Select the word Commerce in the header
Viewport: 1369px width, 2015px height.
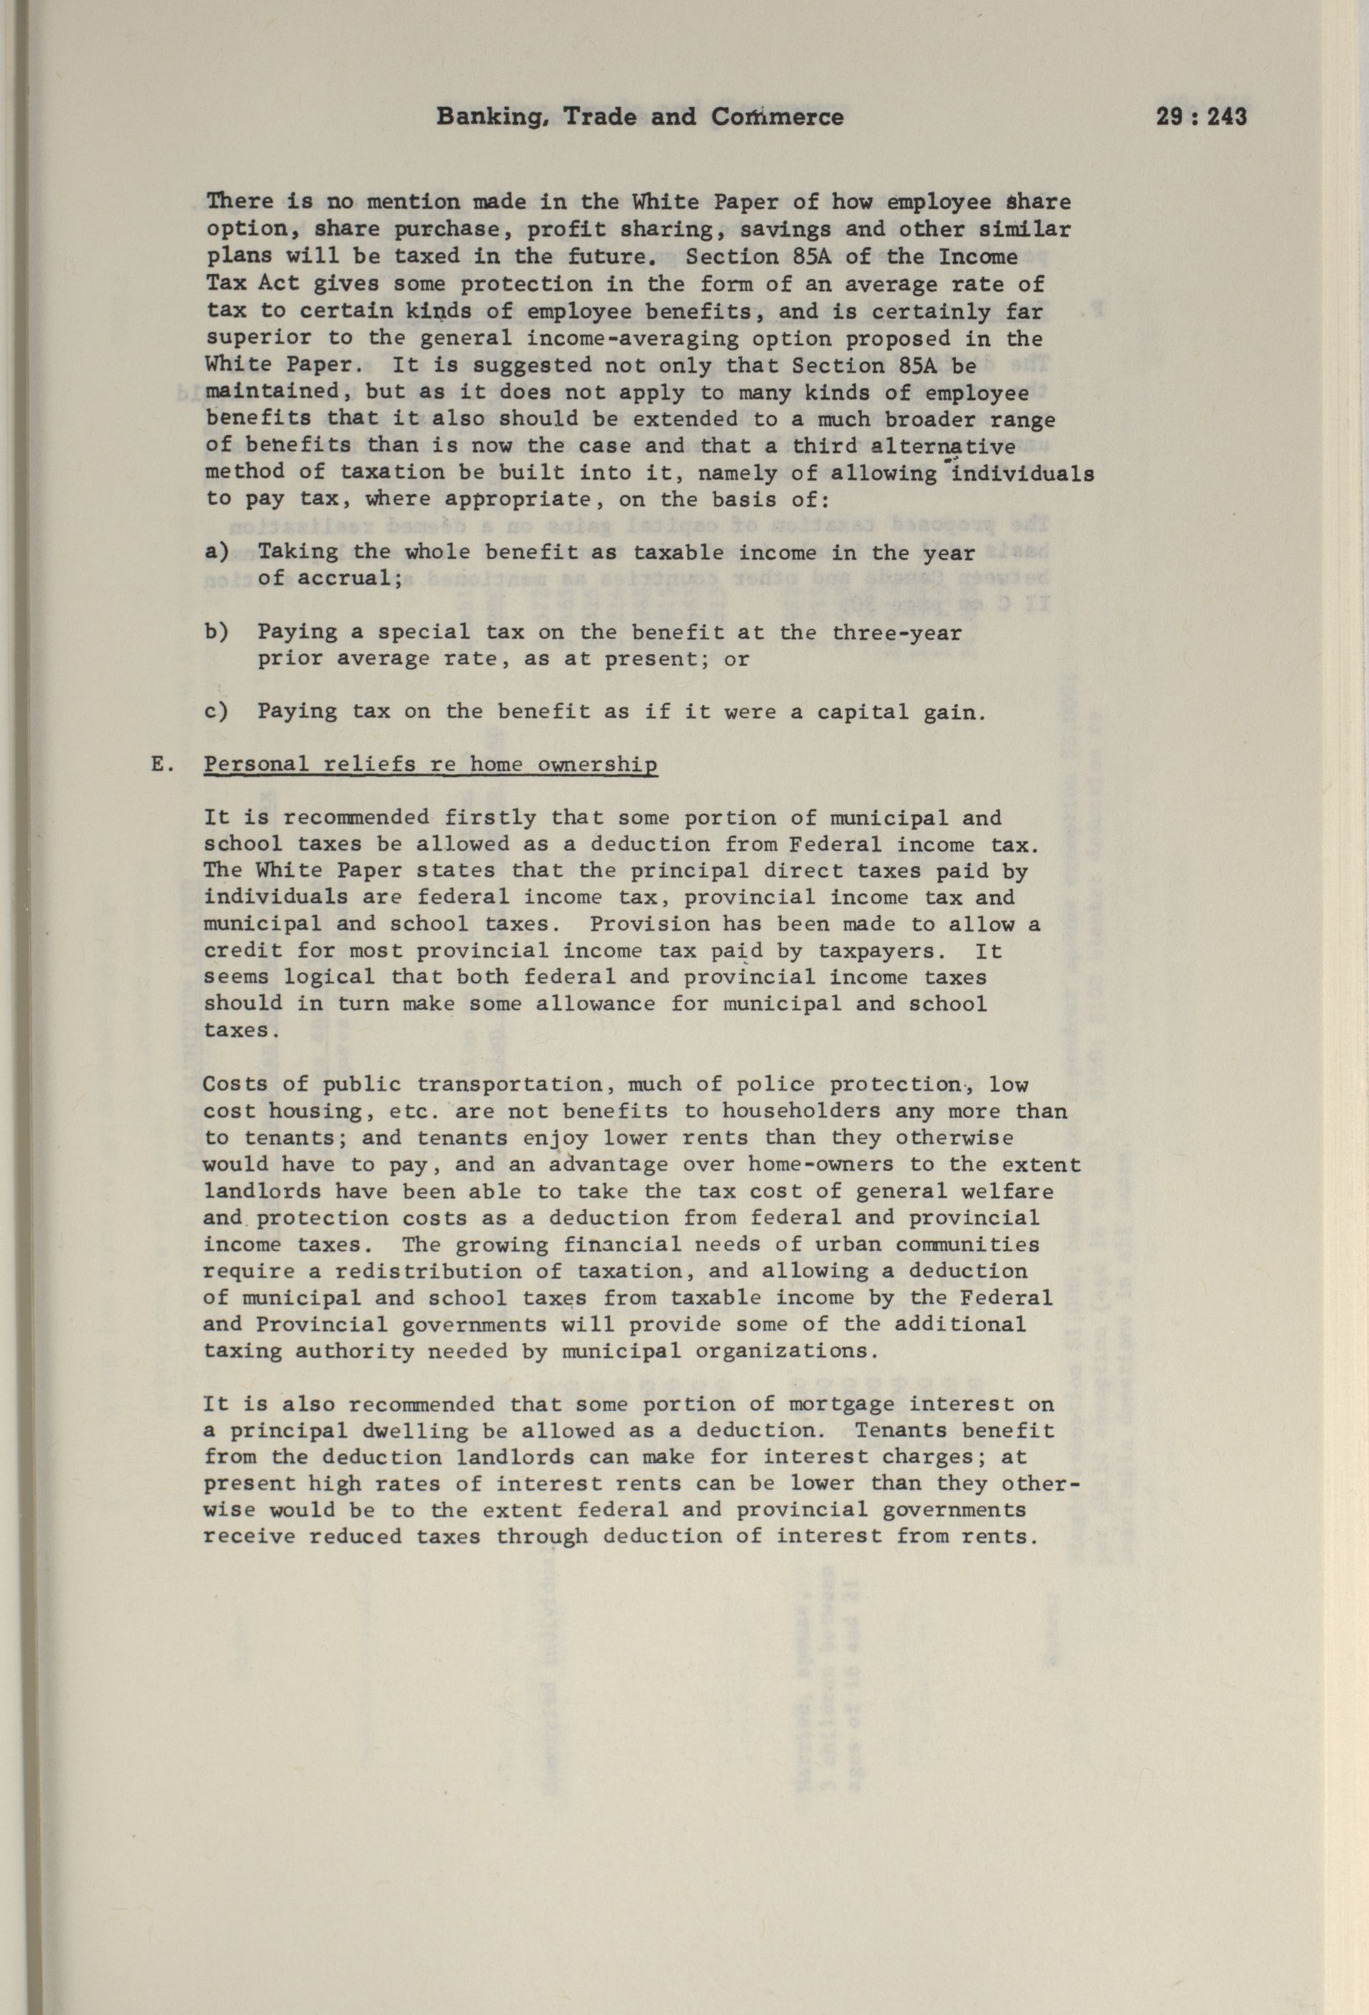[777, 117]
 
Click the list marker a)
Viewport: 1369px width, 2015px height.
[218, 551]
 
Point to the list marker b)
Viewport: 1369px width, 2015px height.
[218, 632]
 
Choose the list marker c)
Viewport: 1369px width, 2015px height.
[218, 712]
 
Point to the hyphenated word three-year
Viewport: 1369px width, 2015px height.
[897, 632]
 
